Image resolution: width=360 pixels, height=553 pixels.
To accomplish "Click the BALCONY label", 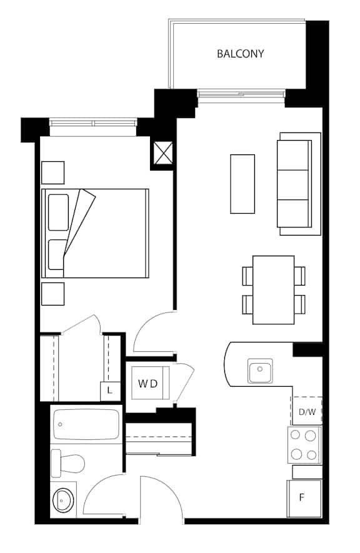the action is coord(240,54).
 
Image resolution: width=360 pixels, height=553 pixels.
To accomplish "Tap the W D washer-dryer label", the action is coord(147,384).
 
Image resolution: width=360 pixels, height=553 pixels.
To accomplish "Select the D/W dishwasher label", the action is coord(307,412).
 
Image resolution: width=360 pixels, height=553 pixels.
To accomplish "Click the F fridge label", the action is coord(302,497).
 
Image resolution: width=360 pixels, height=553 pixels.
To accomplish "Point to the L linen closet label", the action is coord(109,391).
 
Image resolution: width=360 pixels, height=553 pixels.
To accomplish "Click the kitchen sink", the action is coord(260,371).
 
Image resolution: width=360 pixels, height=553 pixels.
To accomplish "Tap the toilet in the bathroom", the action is coord(67,463).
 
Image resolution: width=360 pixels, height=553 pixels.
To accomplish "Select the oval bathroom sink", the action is coord(64,500).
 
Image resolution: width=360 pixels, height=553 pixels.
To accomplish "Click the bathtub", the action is coord(86,425).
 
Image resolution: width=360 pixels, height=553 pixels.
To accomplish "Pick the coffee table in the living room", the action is coord(242,184).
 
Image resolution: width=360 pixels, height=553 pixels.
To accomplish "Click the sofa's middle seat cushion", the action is coord(293,185).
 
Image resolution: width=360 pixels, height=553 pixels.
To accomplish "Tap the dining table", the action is coord(274,290).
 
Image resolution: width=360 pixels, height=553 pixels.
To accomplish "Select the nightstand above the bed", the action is coord(53,172).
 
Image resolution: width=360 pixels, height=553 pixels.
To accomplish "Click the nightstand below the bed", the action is coord(53,294).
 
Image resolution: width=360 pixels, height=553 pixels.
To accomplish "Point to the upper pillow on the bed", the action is coord(59,212).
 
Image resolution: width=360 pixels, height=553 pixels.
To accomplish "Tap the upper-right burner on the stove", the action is coord(310,436).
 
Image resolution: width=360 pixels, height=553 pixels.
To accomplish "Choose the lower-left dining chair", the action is coord(247,304).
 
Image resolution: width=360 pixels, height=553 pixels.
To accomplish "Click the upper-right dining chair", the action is coord(300,276).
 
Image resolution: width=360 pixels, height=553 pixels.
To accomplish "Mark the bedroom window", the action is coord(92,123).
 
